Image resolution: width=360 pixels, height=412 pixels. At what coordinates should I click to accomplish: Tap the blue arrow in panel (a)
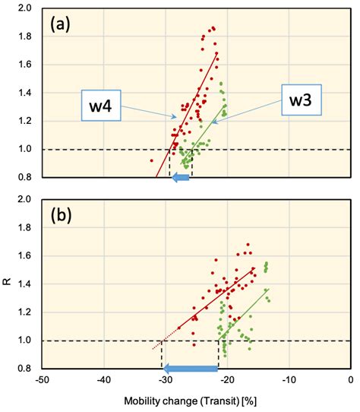[180, 177]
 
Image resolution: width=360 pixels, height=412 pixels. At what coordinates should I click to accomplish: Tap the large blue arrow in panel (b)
[191, 369]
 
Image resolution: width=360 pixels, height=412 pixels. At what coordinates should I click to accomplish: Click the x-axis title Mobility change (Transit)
[195, 398]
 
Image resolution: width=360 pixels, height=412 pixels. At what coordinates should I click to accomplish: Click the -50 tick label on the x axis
[42, 380]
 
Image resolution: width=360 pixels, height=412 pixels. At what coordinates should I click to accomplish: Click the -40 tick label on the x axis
[103, 380]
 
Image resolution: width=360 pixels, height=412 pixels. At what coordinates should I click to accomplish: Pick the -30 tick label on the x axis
[166, 380]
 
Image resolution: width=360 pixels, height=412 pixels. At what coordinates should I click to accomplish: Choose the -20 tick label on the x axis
[227, 380]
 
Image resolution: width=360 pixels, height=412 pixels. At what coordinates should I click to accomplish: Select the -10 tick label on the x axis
[289, 380]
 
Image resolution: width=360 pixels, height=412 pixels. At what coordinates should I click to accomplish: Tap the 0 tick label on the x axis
[351, 380]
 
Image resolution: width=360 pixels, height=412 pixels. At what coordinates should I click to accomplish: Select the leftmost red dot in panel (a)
[152, 160]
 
